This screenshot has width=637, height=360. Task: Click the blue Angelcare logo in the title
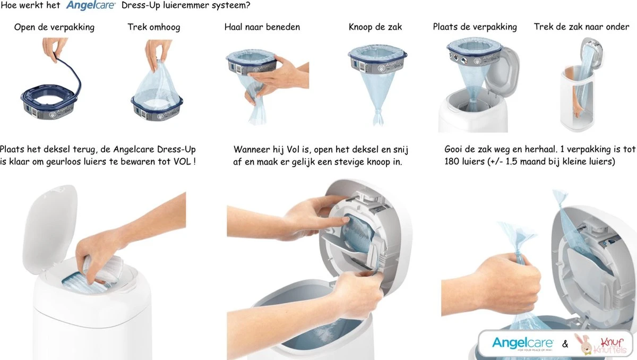coord(91,5)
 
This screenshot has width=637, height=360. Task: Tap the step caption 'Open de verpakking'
coord(54,27)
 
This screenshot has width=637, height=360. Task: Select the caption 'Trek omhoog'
coord(154,27)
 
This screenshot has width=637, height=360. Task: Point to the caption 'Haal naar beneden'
coord(262,27)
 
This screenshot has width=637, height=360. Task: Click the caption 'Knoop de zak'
coord(375,27)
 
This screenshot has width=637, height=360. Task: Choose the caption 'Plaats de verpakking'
coord(475,27)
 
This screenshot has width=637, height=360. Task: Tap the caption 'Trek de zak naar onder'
coord(582,27)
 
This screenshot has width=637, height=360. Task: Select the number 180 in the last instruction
coord(452,161)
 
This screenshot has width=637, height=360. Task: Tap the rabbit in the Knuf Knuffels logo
coord(582,344)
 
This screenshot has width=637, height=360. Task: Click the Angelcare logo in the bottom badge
coord(523,344)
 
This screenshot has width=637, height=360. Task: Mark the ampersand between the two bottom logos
coord(565,344)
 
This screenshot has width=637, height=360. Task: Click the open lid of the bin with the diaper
coord(50,227)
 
